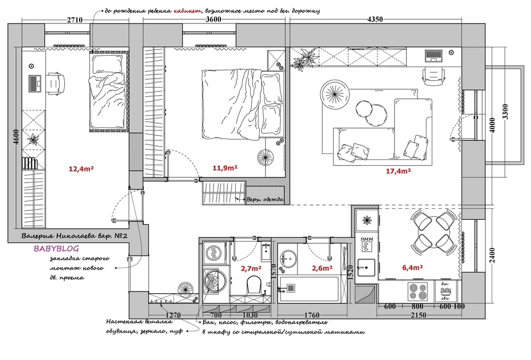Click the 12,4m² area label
tap(81, 168)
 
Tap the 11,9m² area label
tap(225, 168)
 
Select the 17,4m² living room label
tap(398, 171)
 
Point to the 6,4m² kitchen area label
tap(413, 268)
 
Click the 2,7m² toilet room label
tap(251, 269)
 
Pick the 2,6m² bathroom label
tap(322, 268)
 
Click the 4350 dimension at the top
tap(375, 19)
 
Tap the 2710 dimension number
tap(74, 20)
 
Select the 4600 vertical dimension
tap(16, 137)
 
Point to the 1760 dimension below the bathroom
tap(312, 315)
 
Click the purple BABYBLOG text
tap(56, 248)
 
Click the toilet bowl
tap(254, 285)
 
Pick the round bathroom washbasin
tap(288, 259)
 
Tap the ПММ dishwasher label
tap(367, 239)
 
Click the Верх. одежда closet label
tap(265, 200)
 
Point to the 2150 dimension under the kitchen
tap(418, 315)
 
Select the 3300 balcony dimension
tap(505, 112)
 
